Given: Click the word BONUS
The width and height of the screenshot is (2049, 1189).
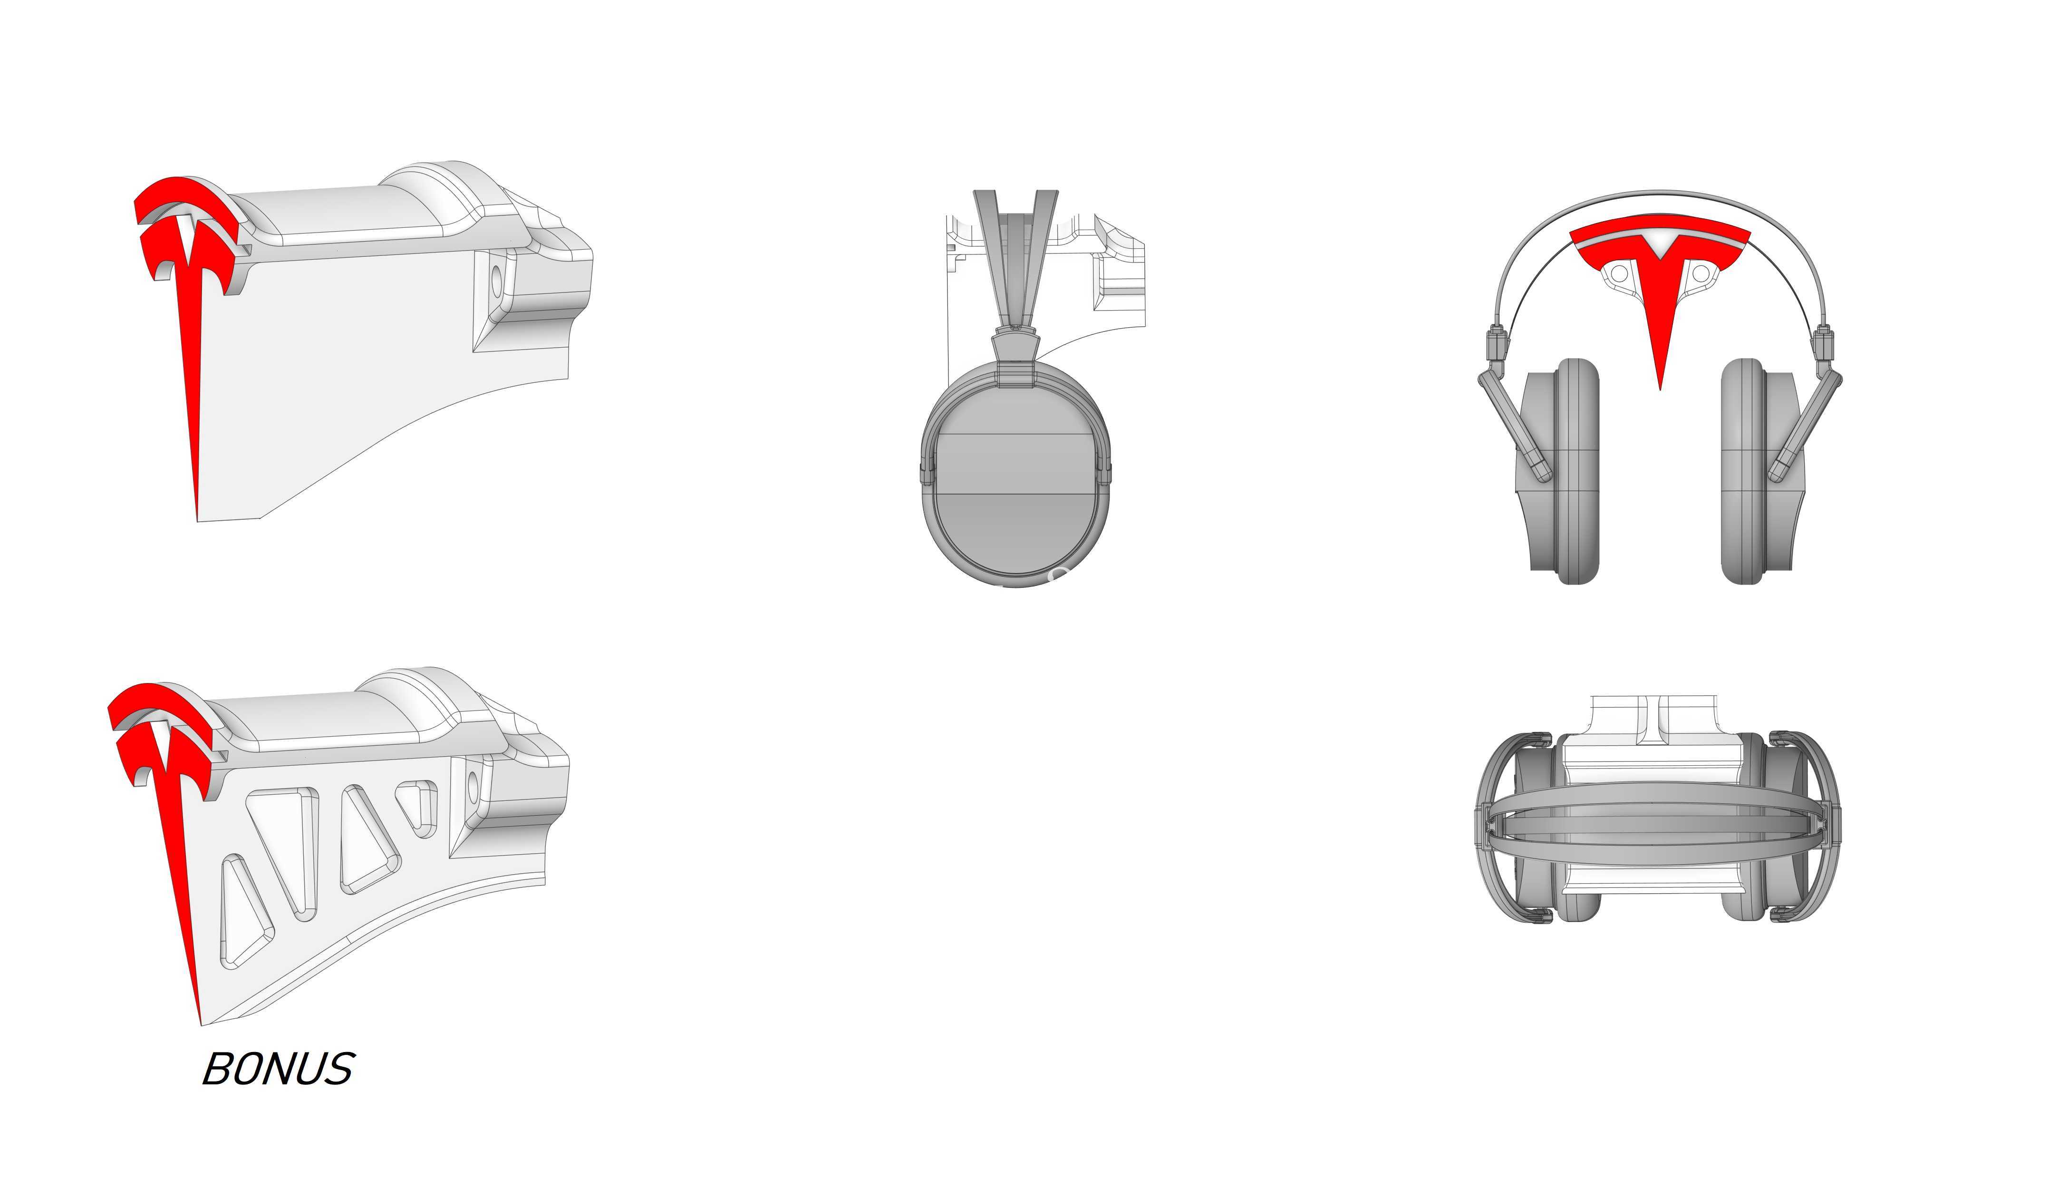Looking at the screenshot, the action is click(x=278, y=1069).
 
